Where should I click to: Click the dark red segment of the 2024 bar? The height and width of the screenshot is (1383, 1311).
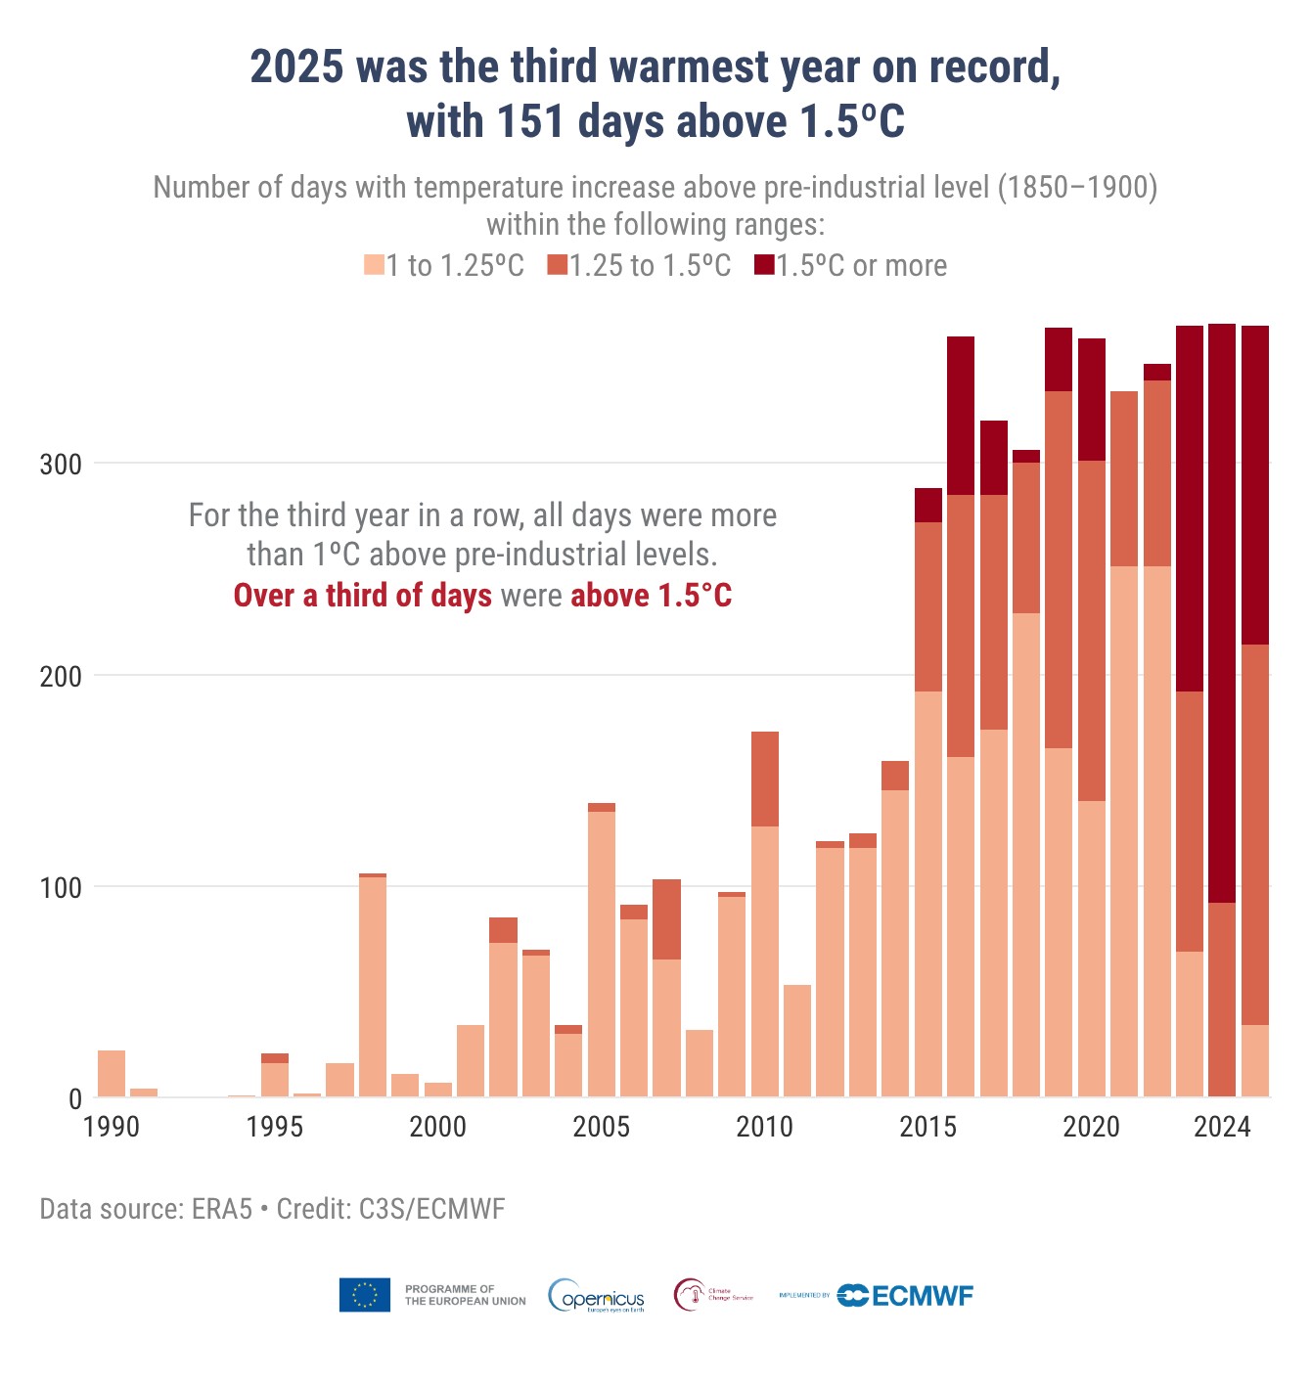[x=1222, y=612]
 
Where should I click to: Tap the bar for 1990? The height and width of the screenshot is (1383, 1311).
[x=112, y=1073]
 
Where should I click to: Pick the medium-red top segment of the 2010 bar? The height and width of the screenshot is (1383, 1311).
[x=765, y=779]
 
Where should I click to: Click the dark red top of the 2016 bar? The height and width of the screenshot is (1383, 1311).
[x=961, y=415]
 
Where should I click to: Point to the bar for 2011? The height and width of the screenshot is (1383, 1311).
[x=797, y=1041]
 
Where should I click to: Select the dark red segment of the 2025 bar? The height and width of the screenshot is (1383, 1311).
[x=1255, y=484]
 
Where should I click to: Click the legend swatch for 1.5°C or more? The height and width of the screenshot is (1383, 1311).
[x=764, y=265]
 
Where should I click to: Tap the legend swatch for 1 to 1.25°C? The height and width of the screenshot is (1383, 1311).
[x=374, y=265]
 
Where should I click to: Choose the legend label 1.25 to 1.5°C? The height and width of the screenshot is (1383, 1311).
[x=651, y=266]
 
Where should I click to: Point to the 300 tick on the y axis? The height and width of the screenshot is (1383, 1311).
[x=61, y=464]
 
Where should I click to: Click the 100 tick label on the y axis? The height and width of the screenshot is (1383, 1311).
[x=61, y=887]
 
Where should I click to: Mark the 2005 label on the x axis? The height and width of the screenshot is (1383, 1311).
[x=601, y=1127]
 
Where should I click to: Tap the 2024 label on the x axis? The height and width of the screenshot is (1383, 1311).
[x=1222, y=1127]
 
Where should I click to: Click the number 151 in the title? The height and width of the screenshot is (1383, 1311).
[x=532, y=122]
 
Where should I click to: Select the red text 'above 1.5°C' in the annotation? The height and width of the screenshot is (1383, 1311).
[x=651, y=596]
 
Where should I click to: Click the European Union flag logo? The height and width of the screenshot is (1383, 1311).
[x=365, y=1295]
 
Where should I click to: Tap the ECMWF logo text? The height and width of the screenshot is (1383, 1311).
[x=921, y=1296]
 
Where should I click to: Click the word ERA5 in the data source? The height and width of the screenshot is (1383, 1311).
[x=222, y=1209]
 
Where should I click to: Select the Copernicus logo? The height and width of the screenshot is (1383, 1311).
[x=597, y=1296]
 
